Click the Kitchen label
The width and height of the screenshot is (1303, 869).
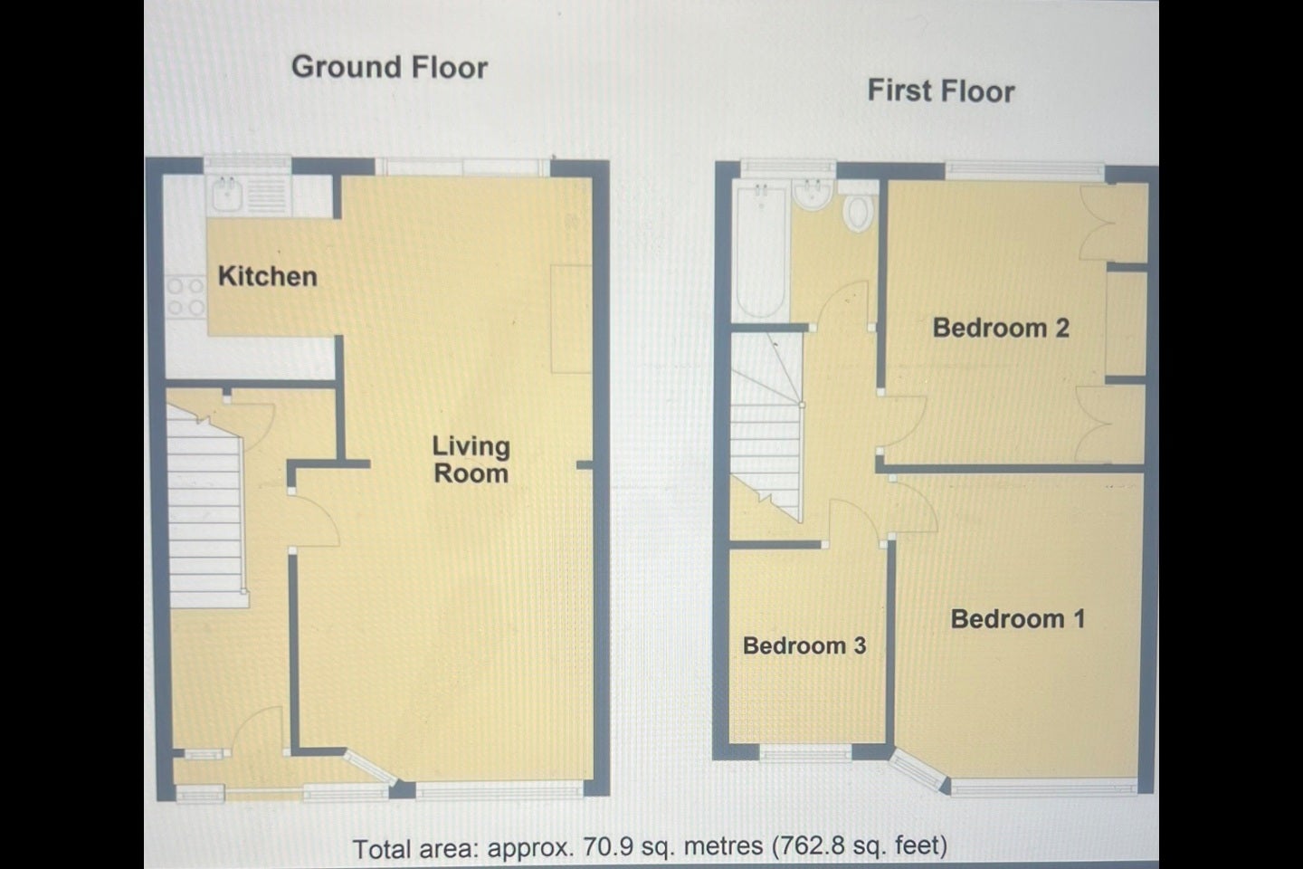tap(268, 276)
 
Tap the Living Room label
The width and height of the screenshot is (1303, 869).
tap(471, 460)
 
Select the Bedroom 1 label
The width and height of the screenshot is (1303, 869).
tap(1018, 619)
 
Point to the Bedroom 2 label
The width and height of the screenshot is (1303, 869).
tap(1001, 328)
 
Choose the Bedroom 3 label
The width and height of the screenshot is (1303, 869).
tap(804, 645)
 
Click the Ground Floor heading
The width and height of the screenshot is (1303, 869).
tap(389, 67)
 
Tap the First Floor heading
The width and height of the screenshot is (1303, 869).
tap(941, 91)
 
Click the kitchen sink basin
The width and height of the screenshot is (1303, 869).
tap(227, 194)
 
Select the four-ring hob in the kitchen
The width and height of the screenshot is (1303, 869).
tap(185, 297)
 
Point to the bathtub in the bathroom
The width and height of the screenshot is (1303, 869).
tap(760, 250)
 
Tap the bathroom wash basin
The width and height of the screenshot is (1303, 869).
tap(813, 195)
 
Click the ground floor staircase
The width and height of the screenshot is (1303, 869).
tap(206, 505)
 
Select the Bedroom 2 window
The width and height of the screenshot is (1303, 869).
tap(1024, 170)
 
